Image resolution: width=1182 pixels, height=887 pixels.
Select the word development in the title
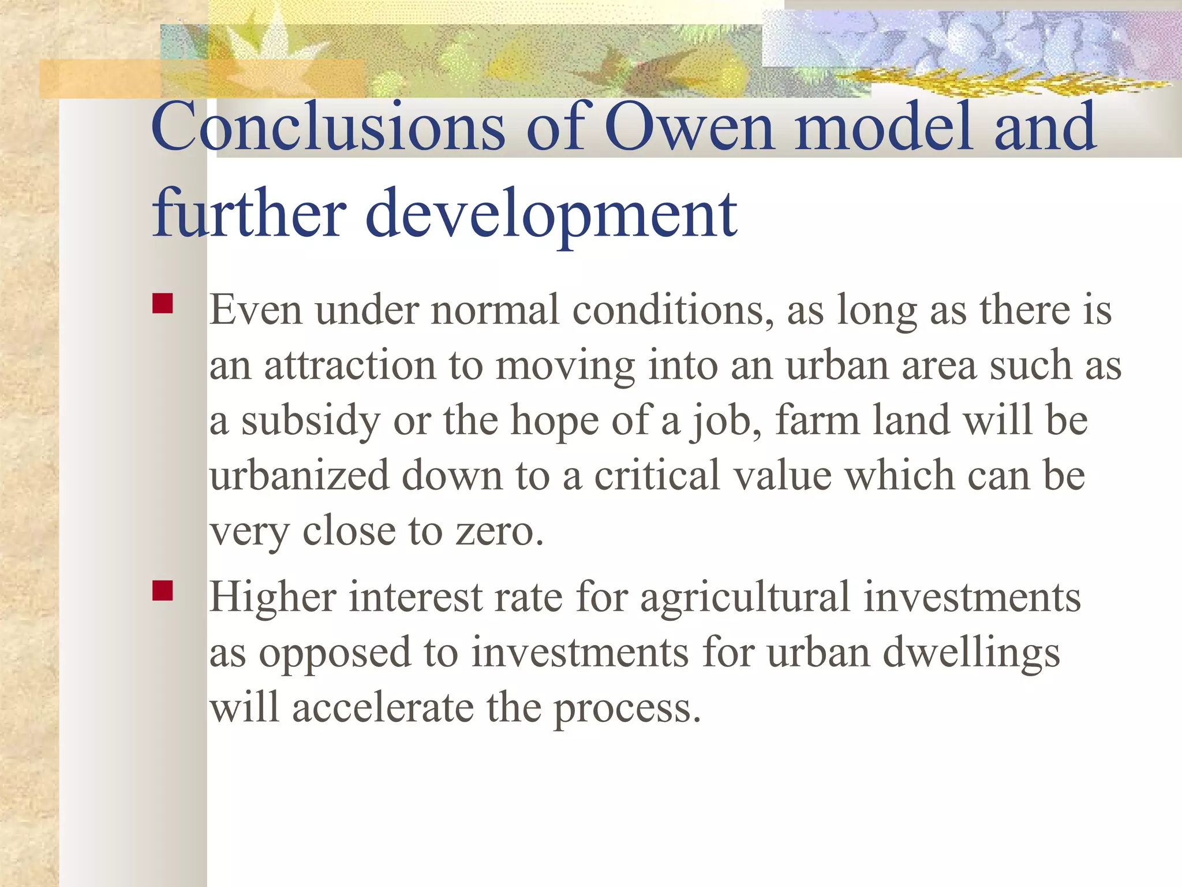pos(551,215)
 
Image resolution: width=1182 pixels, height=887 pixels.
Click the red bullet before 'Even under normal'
pos(163,304)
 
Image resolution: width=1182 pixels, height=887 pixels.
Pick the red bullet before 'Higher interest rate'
pos(163,591)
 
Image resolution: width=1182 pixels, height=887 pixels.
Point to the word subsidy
pos(311,421)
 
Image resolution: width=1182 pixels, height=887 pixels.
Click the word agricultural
pos(745,597)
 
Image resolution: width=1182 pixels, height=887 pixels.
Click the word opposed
pos(335,653)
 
